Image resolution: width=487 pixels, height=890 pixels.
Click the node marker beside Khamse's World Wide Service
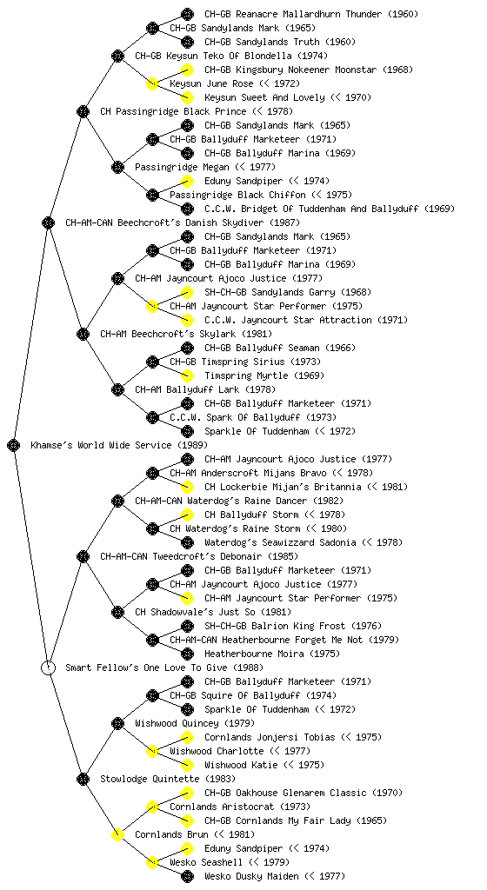click(x=14, y=445)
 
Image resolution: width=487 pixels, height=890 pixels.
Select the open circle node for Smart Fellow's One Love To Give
click(x=48, y=667)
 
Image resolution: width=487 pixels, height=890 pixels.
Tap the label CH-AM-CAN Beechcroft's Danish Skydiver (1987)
click(x=183, y=222)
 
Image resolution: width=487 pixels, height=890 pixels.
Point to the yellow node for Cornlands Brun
click(x=117, y=834)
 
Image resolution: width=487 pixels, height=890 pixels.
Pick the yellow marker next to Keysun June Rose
click(x=152, y=83)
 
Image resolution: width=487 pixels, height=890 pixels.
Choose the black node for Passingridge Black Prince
click(x=83, y=111)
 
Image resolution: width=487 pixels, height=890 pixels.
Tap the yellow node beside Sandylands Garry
click(x=187, y=292)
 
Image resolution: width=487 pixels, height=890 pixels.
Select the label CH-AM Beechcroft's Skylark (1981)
click(x=186, y=334)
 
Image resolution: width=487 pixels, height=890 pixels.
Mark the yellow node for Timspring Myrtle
click(x=187, y=375)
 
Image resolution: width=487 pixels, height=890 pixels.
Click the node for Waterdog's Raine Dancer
click(x=117, y=501)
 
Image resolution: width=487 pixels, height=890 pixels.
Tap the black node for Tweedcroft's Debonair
click(x=83, y=556)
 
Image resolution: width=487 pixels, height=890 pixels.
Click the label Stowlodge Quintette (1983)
click(x=168, y=779)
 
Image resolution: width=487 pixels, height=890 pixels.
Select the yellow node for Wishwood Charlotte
click(x=152, y=751)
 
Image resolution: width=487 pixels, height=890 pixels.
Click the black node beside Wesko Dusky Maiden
click(x=187, y=876)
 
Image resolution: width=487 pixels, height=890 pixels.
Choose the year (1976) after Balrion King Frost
click(x=366, y=626)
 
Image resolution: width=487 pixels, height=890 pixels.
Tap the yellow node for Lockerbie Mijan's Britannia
click(x=187, y=487)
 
